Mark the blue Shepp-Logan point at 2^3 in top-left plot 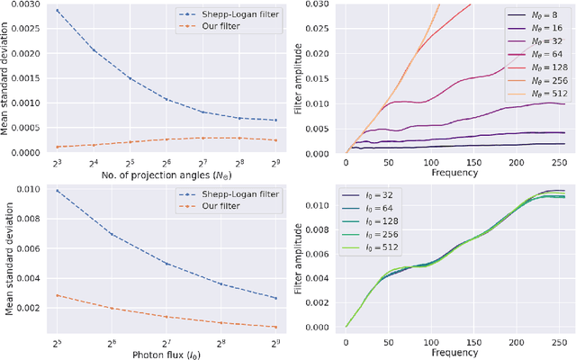coord(58,11)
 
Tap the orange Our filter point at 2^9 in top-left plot coord(275,140)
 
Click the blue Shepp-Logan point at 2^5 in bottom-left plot coord(58,191)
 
